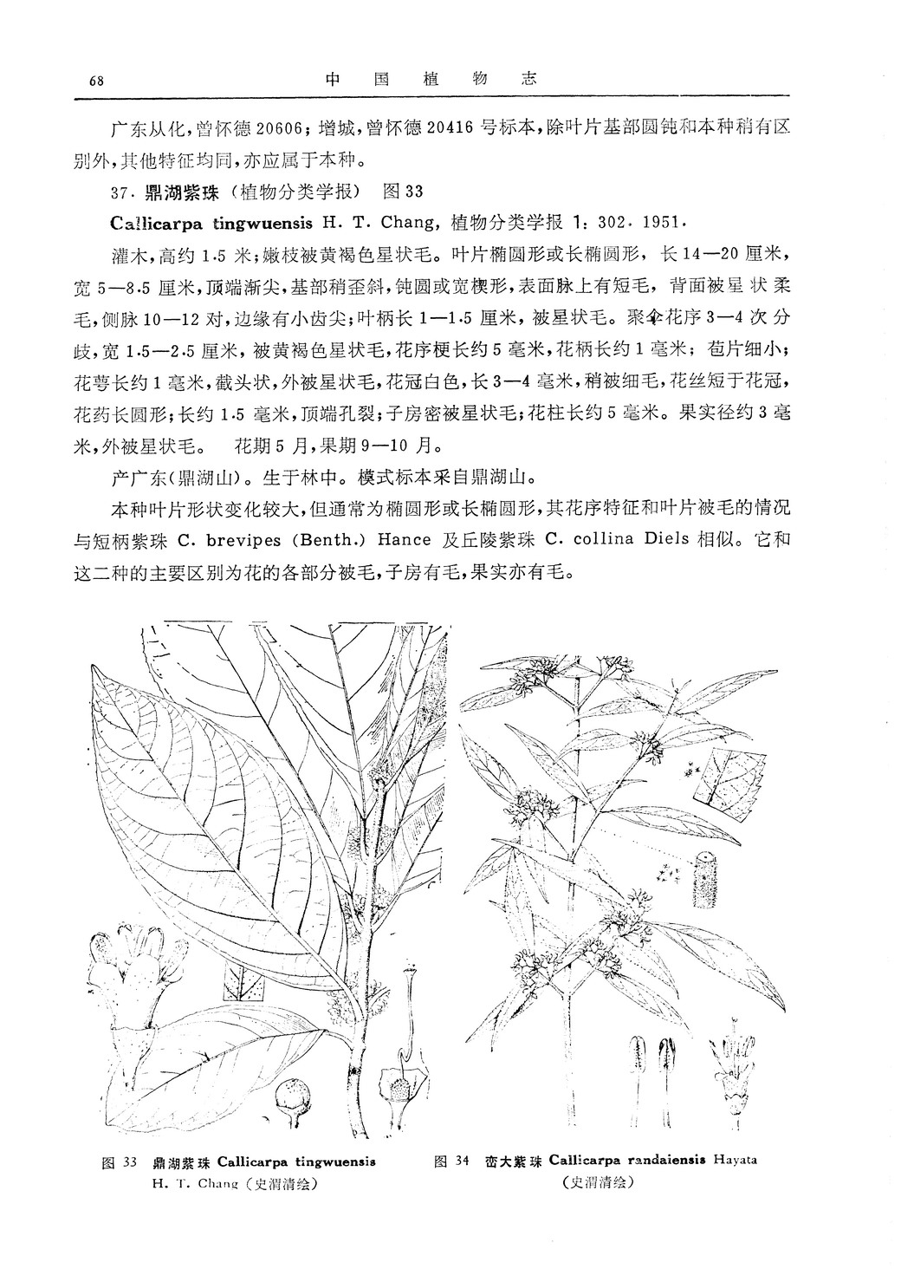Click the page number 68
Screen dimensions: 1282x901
[x=96, y=81]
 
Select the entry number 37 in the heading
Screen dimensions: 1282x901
[x=121, y=191]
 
